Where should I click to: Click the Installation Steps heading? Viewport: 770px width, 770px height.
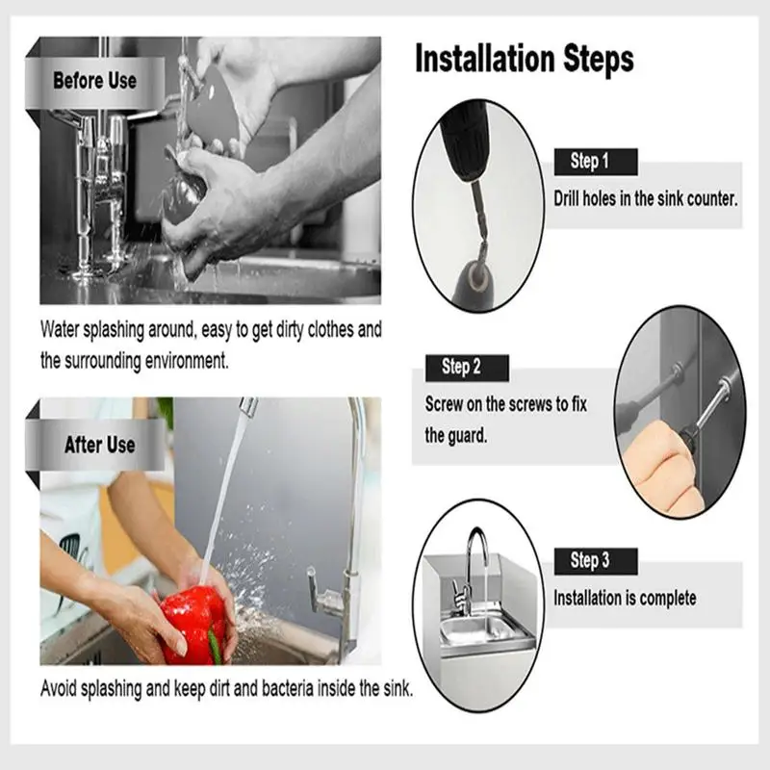[x=525, y=60]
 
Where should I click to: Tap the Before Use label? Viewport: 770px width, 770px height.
[x=94, y=81]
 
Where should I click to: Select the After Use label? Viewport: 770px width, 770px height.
[x=100, y=445]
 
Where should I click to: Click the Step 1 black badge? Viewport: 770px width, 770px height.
[x=596, y=162]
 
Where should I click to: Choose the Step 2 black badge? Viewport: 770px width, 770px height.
[x=467, y=368]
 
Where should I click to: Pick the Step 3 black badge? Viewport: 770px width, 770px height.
[x=596, y=561]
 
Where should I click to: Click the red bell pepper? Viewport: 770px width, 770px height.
[x=194, y=624]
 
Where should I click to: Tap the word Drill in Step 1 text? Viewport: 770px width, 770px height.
[x=566, y=199]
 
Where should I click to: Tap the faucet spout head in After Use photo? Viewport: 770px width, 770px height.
[x=248, y=406]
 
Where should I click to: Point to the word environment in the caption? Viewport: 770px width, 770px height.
[x=187, y=361]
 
